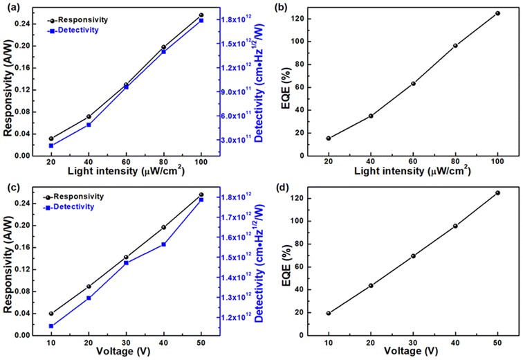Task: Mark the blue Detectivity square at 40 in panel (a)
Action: click(x=89, y=125)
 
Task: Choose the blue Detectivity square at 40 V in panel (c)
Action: click(x=164, y=244)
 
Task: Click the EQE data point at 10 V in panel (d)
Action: click(x=329, y=313)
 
